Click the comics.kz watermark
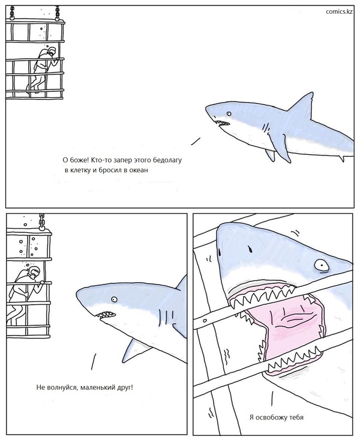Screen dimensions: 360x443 pos(339,11)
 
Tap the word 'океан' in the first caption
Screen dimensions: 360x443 pos(139,170)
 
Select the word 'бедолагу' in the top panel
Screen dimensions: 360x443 pos(167,160)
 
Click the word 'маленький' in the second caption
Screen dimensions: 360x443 pos(97,387)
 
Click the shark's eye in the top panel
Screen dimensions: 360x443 pos(229,114)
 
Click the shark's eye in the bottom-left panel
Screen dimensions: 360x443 pos(114,299)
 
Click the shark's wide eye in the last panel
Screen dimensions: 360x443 pos(322,265)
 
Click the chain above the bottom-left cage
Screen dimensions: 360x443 pos(41,221)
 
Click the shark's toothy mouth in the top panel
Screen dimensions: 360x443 pos(222,123)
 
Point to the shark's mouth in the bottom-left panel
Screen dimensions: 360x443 pos(106,314)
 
